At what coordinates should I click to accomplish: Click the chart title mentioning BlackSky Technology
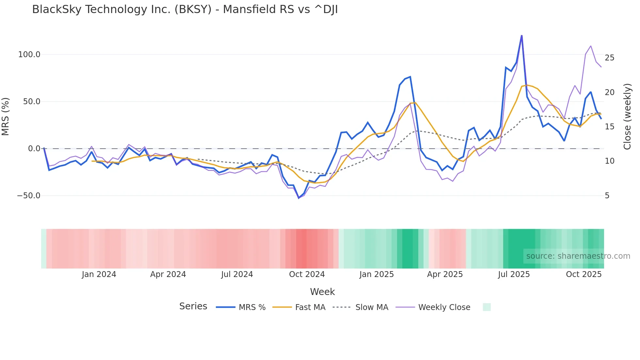pyautogui.click(x=185, y=9)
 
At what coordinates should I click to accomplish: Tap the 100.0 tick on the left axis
pyautogui.click(x=29, y=55)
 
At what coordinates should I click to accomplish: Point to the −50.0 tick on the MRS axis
pyautogui.click(x=29, y=196)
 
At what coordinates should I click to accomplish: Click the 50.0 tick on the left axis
pyautogui.click(x=31, y=102)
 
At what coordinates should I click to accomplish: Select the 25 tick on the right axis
pyautogui.click(x=609, y=58)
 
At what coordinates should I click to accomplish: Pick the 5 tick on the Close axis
pyautogui.click(x=607, y=196)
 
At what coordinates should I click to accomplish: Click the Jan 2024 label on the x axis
pyautogui.click(x=99, y=274)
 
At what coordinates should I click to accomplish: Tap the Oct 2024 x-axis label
pyautogui.click(x=307, y=274)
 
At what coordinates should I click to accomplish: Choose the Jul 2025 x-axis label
pyautogui.click(x=514, y=274)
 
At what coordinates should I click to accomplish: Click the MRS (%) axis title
pyautogui.click(x=6, y=116)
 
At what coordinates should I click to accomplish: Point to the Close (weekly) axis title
pyautogui.click(x=627, y=116)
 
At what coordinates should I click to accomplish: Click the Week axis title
pyautogui.click(x=322, y=292)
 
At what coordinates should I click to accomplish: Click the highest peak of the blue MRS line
pyautogui.click(x=521, y=36)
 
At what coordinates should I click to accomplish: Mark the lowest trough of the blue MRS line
pyautogui.click(x=298, y=198)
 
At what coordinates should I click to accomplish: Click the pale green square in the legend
pyautogui.click(x=487, y=307)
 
